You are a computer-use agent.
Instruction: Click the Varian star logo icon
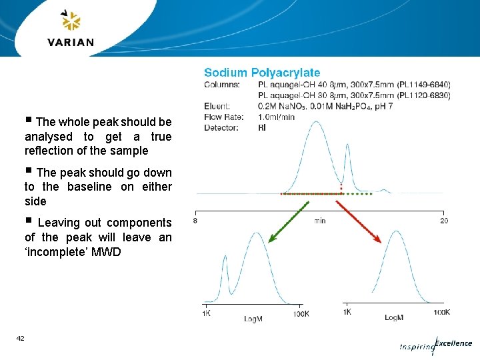point(71,21)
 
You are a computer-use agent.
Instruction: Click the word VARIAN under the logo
point(71,42)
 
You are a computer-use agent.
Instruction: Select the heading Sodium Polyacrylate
point(262,73)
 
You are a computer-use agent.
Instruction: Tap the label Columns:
point(221,85)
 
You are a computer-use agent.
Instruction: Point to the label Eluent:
point(217,106)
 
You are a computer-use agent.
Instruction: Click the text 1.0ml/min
point(276,117)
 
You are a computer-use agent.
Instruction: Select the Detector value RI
point(261,127)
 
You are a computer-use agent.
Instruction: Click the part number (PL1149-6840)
point(423,85)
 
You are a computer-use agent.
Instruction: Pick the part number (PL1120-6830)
point(423,95)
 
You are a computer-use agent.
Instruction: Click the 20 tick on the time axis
point(443,221)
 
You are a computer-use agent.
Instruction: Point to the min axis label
point(320,221)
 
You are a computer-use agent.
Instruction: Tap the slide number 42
point(21,339)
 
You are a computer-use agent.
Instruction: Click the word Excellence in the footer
point(453,343)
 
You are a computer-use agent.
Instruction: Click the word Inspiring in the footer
point(416,347)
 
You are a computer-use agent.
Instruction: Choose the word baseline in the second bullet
point(89,187)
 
